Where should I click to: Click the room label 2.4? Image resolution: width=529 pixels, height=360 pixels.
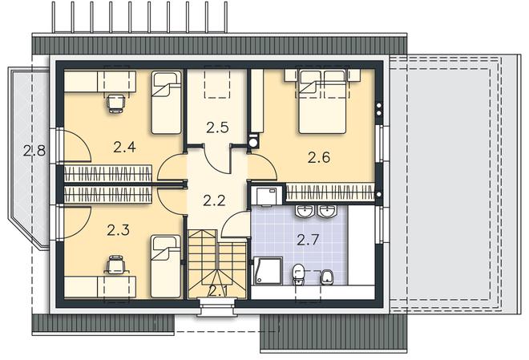tap(123, 147)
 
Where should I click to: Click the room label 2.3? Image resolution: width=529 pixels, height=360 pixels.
tap(118, 229)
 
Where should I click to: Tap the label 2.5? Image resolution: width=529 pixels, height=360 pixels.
tap(217, 127)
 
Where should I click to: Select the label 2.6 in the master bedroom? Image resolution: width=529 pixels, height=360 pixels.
tap(318, 157)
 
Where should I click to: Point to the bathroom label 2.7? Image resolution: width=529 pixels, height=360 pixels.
tap(308, 239)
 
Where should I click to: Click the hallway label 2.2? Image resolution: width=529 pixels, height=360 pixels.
tap(213, 200)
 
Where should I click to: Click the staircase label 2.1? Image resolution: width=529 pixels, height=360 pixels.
tap(218, 290)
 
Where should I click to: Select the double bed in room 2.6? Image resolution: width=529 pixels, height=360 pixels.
tap(322, 101)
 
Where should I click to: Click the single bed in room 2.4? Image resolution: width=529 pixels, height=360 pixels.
tap(166, 102)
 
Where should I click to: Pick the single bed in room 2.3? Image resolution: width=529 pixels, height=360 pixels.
tap(165, 266)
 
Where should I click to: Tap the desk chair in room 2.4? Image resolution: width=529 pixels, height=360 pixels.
tap(116, 102)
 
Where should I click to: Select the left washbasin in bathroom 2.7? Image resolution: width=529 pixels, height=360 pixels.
tap(305, 212)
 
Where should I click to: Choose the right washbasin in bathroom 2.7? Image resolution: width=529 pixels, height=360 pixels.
tap(326, 212)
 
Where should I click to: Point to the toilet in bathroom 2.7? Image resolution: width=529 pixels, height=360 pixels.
tap(298, 274)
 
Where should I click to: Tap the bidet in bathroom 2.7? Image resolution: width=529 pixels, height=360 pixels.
tap(326, 277)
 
